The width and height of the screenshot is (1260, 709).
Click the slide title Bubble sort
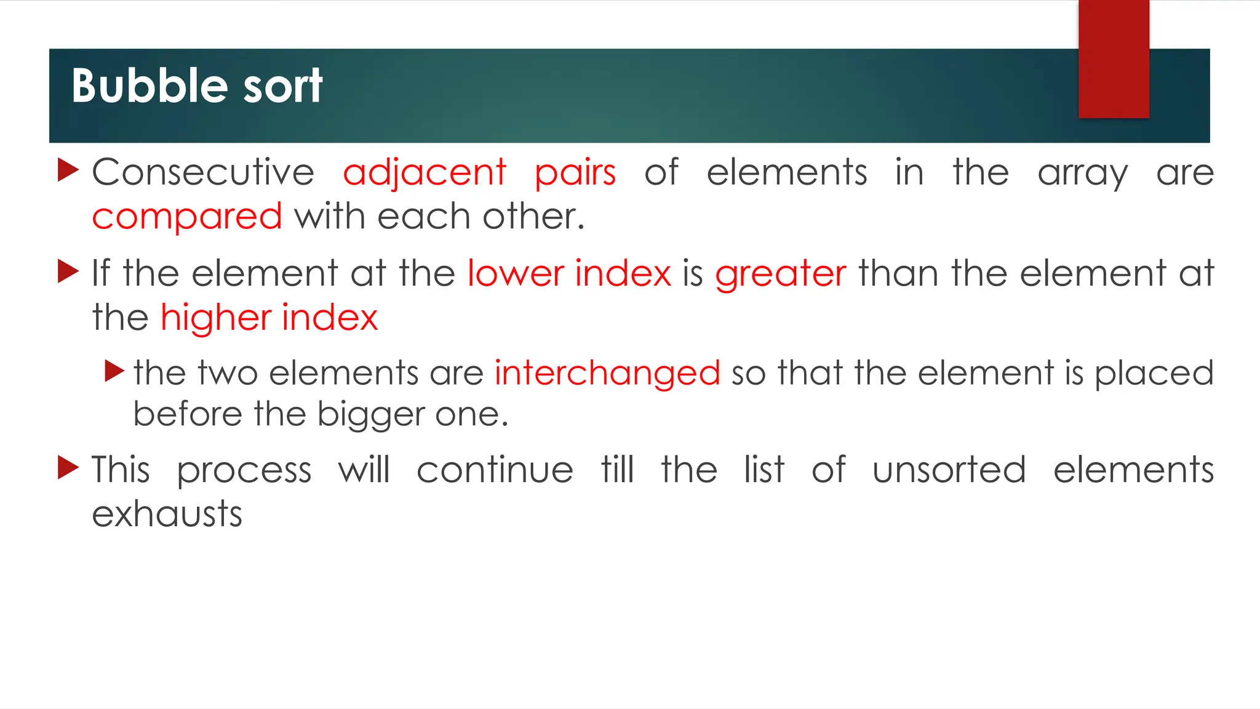tap(197, 86)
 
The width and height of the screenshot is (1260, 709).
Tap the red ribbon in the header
tap(1114, 59)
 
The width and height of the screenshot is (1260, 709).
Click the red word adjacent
tap(425, 172)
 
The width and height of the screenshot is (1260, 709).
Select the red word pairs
tap(575, 174)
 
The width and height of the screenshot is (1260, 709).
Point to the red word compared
tap(187, 217)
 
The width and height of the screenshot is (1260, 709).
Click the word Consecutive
tap(203, 172)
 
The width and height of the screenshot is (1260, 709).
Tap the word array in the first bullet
tap(1083, 174)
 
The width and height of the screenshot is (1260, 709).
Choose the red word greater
tap(780, 274)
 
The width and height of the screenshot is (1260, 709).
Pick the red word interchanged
tap(607, 373)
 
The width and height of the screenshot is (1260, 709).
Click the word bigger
tap(371, 415)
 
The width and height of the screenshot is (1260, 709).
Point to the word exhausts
tap(167, 514)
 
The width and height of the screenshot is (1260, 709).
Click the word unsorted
tap(949, 470)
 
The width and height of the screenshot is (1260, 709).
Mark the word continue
tap(495, 470)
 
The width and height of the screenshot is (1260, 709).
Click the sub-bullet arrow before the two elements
tap(115, 371)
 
